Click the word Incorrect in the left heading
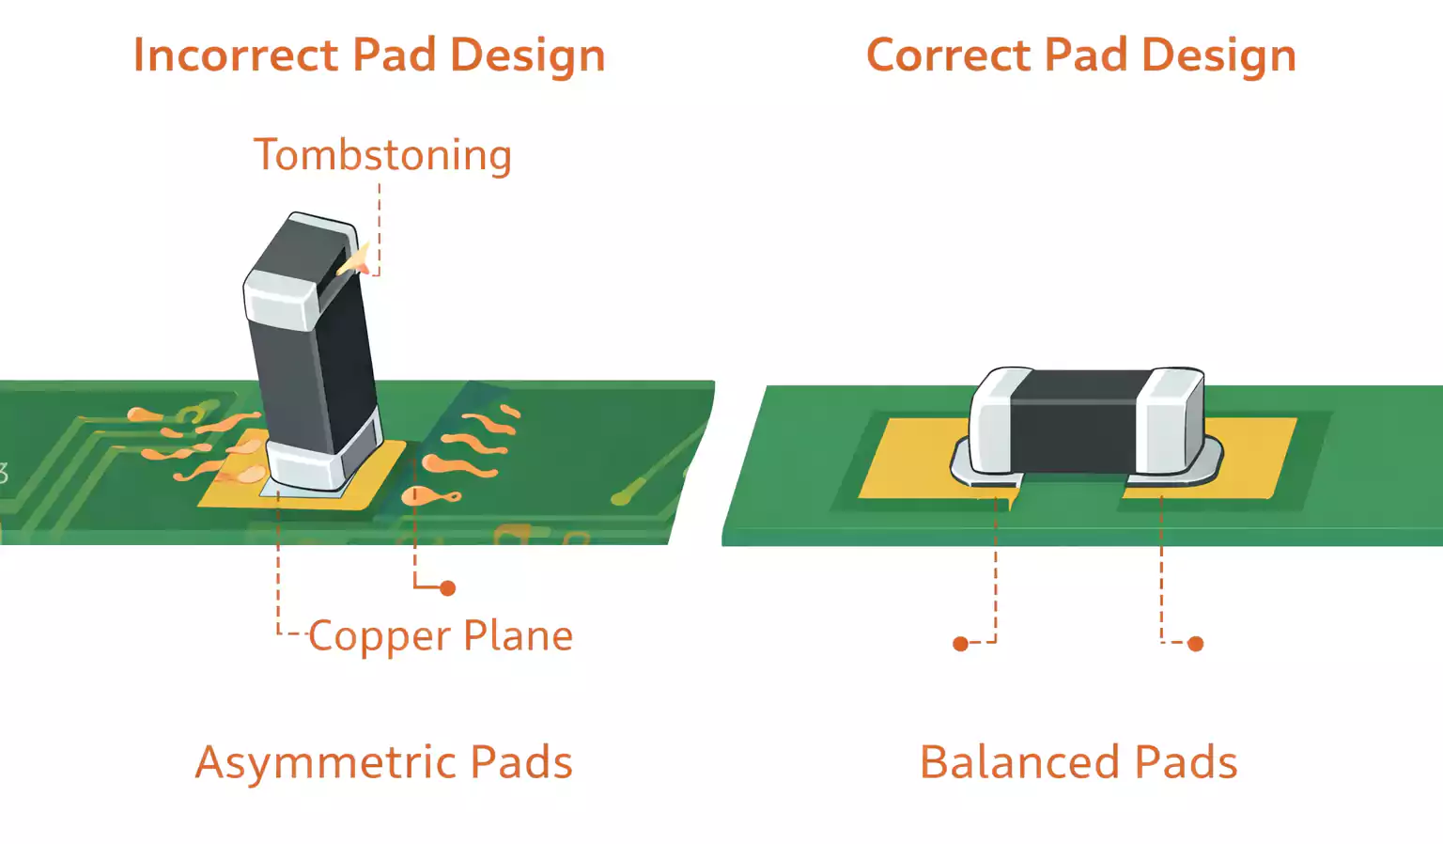point(235,55)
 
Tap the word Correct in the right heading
point(948,55)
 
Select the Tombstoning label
point(382,155)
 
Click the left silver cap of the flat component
point(991,423)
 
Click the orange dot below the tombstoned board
point(448,588)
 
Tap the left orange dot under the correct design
point(960,644)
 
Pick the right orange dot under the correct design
point(1195,644)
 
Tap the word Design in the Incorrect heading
point(527,55)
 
